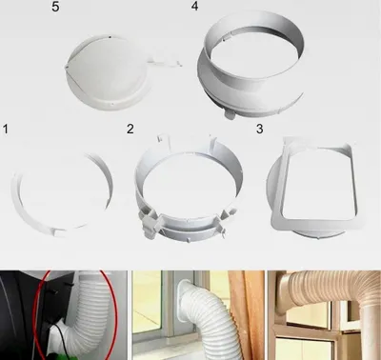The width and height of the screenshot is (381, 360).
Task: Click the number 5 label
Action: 55,7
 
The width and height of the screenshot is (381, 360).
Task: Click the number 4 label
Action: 194,6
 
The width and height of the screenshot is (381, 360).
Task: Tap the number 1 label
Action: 6,129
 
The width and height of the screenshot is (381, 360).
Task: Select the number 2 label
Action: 130,129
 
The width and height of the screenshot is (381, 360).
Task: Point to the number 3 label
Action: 260,129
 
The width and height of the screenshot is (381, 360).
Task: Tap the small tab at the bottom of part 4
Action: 230,114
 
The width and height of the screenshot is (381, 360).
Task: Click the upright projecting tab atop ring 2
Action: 163,141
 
